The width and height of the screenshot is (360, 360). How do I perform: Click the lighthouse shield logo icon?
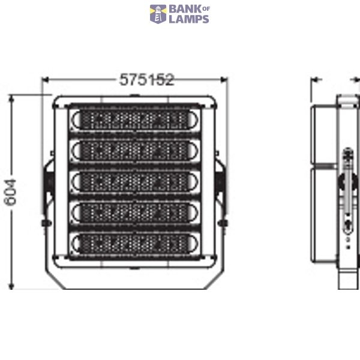click(x=158, y=14)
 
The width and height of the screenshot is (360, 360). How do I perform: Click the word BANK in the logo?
click(x=185, y=10)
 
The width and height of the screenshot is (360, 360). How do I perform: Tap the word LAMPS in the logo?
click(x=189, y=19)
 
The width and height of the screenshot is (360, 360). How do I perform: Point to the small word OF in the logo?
click(x=206, y=9)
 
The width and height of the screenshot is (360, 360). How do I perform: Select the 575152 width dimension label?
click(x=147, y=80)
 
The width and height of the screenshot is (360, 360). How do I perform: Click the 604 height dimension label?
click(x=10, y=193)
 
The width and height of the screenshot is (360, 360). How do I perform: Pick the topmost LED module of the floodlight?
click(x=135, y=119)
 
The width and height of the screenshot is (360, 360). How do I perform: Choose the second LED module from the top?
click(x=135, y=150)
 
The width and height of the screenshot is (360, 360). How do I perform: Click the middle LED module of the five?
click(x=135, y=181)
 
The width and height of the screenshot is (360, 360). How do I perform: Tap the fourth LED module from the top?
click(x=135, y=212)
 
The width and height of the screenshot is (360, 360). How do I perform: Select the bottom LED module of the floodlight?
click(x=135, y=244)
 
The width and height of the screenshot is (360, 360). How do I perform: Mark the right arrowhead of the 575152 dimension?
click(x=224, y=80)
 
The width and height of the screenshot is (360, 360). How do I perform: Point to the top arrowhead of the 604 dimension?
click(x=11, y=99)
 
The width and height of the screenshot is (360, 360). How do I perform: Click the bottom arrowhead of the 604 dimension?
click(x=11, y=286)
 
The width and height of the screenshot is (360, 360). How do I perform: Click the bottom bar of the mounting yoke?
click(x=135, y=289)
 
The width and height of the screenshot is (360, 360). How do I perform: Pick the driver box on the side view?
click(x=324, y=183)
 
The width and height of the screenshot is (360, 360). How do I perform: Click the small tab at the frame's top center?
click(x=134, y=95)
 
